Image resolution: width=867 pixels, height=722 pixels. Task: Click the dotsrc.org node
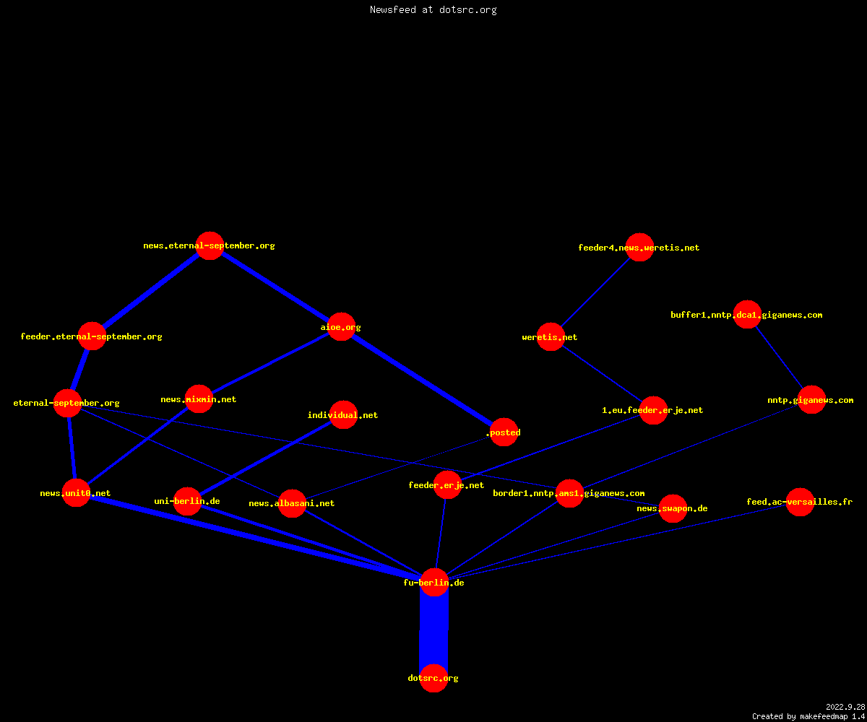point(433,678)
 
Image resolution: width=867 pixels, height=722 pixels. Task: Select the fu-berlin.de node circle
point(434,582)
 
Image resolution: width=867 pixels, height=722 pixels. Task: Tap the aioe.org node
point(341,326)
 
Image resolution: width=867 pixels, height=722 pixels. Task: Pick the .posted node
point(504,432)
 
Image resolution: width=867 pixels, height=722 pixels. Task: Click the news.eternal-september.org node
point(210,245)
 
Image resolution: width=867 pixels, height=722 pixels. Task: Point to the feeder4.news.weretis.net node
point(639,248)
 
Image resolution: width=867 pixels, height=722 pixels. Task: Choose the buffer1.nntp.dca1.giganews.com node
point(747,315)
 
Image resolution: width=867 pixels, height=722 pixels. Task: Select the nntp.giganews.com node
point(812,400)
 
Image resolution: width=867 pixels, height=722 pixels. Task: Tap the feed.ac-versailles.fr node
point(800,502)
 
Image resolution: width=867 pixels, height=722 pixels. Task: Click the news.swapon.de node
point(673,508)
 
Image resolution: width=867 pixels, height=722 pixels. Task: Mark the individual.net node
point(343,414)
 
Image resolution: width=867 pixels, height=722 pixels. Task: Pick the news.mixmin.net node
point(199,399)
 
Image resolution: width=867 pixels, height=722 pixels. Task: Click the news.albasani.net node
point(293,503)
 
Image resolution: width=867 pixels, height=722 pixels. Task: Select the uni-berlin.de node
point(188,501)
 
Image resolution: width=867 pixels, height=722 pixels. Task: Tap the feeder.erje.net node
point(448,484)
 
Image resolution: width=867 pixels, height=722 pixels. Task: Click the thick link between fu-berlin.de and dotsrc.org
point(434,630)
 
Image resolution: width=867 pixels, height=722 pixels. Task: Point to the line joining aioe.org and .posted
point(423,379)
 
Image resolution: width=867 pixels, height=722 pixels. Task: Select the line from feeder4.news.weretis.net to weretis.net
point(595,292)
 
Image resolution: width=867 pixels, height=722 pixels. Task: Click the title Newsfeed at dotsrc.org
point(433,10)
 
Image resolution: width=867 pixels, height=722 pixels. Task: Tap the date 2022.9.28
point(845,707)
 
